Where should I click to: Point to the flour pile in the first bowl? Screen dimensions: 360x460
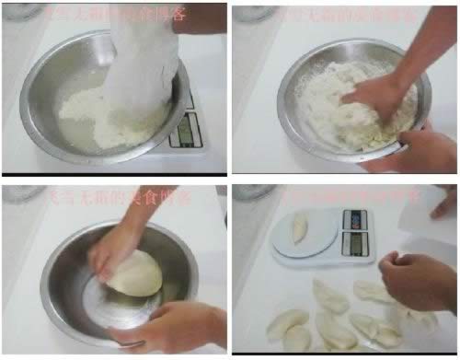click(92, 119)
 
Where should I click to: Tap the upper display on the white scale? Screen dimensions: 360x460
click(355, 220)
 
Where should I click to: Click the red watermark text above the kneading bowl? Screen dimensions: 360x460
click(345, 14)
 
